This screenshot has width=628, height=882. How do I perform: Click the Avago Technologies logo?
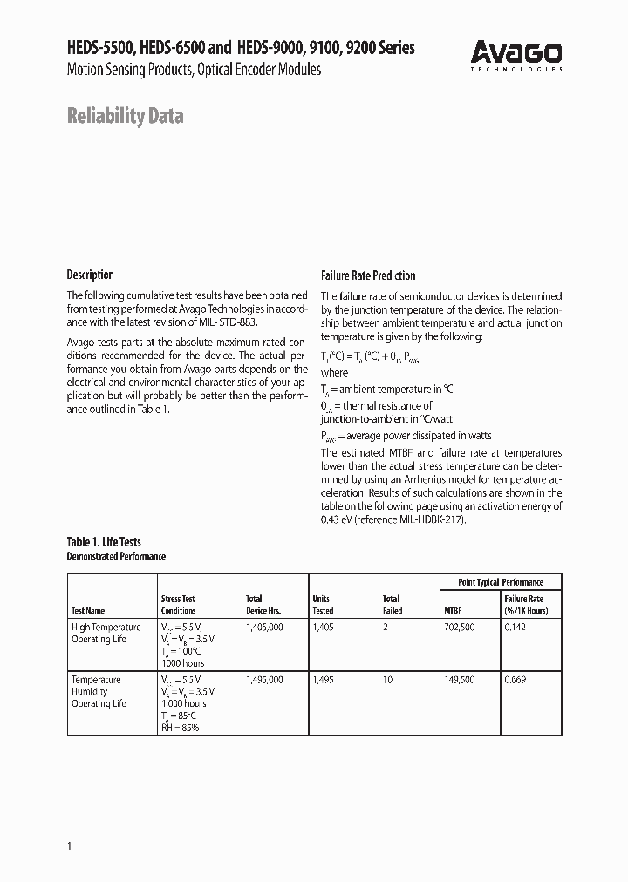(517, 55)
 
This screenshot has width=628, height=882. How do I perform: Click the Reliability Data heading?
(125, 116)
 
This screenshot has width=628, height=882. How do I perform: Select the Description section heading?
(91, 275)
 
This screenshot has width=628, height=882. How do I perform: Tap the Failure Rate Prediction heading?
(368, 275)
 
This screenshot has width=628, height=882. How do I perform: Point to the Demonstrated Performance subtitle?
(116, 556)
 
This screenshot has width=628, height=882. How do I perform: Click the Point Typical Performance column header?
(501, 582)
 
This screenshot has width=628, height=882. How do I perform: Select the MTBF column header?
(454, 611)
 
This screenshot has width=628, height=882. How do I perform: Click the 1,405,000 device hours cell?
(264, 628)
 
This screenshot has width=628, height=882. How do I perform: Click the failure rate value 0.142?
(516, 628)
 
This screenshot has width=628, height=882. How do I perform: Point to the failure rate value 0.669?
(516, 680)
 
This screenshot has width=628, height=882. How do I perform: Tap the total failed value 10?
(387, 680)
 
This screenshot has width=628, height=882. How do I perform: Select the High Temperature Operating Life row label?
(106, 634)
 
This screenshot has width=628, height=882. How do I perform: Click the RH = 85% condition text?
(180, 728)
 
